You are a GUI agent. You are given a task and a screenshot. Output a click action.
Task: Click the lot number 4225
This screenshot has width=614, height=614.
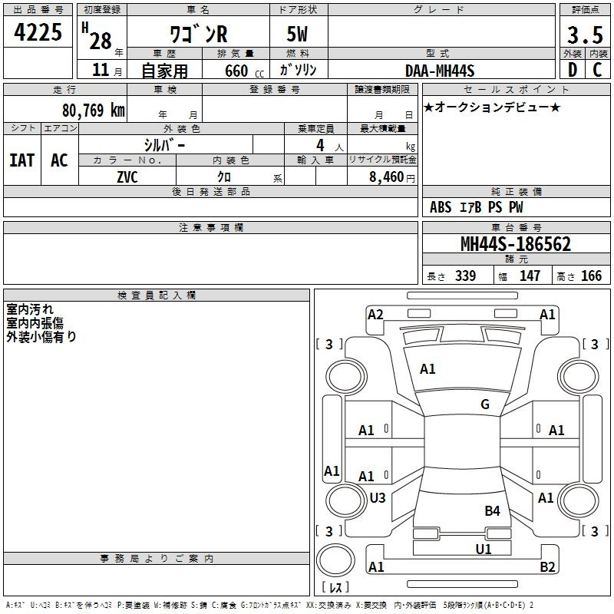point(38,32)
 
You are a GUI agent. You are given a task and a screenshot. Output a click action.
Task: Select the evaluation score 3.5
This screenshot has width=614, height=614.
point(585,35)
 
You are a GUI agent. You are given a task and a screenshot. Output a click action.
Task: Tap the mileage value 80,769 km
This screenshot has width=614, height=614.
point(93,111)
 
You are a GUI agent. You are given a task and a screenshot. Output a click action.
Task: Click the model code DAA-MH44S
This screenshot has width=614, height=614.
point(440,71)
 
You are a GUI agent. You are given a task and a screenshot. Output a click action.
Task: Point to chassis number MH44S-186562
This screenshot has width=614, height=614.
point(516,244)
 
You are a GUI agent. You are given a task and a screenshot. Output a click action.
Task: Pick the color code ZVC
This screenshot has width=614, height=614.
point(127,177)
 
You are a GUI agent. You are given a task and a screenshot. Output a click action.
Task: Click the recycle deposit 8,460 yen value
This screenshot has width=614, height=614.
point(392,177)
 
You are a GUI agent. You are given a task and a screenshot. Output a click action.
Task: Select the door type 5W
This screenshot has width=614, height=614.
point(297,34)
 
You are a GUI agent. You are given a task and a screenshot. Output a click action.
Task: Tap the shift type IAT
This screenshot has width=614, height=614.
point(22,160)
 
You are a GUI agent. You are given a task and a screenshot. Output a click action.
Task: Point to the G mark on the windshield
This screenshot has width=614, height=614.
point(485,404)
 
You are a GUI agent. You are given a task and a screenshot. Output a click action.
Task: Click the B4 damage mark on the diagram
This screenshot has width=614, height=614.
point(492,511)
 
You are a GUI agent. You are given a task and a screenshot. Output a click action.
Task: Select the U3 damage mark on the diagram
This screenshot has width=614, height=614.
point(378,498)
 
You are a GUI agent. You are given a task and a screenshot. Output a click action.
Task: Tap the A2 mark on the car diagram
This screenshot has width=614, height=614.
point(375,315)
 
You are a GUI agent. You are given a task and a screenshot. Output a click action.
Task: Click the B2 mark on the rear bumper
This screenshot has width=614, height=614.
point(547,566)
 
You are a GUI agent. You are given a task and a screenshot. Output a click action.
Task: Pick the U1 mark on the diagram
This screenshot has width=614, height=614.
point(484,550)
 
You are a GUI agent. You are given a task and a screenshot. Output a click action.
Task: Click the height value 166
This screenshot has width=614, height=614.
point(591,276)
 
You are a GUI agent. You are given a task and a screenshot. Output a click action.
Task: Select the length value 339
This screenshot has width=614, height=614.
point(466,276)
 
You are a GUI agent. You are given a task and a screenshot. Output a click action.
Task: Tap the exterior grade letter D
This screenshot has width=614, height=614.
point(573,70)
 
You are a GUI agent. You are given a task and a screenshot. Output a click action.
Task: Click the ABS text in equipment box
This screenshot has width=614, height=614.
point(441,207)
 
